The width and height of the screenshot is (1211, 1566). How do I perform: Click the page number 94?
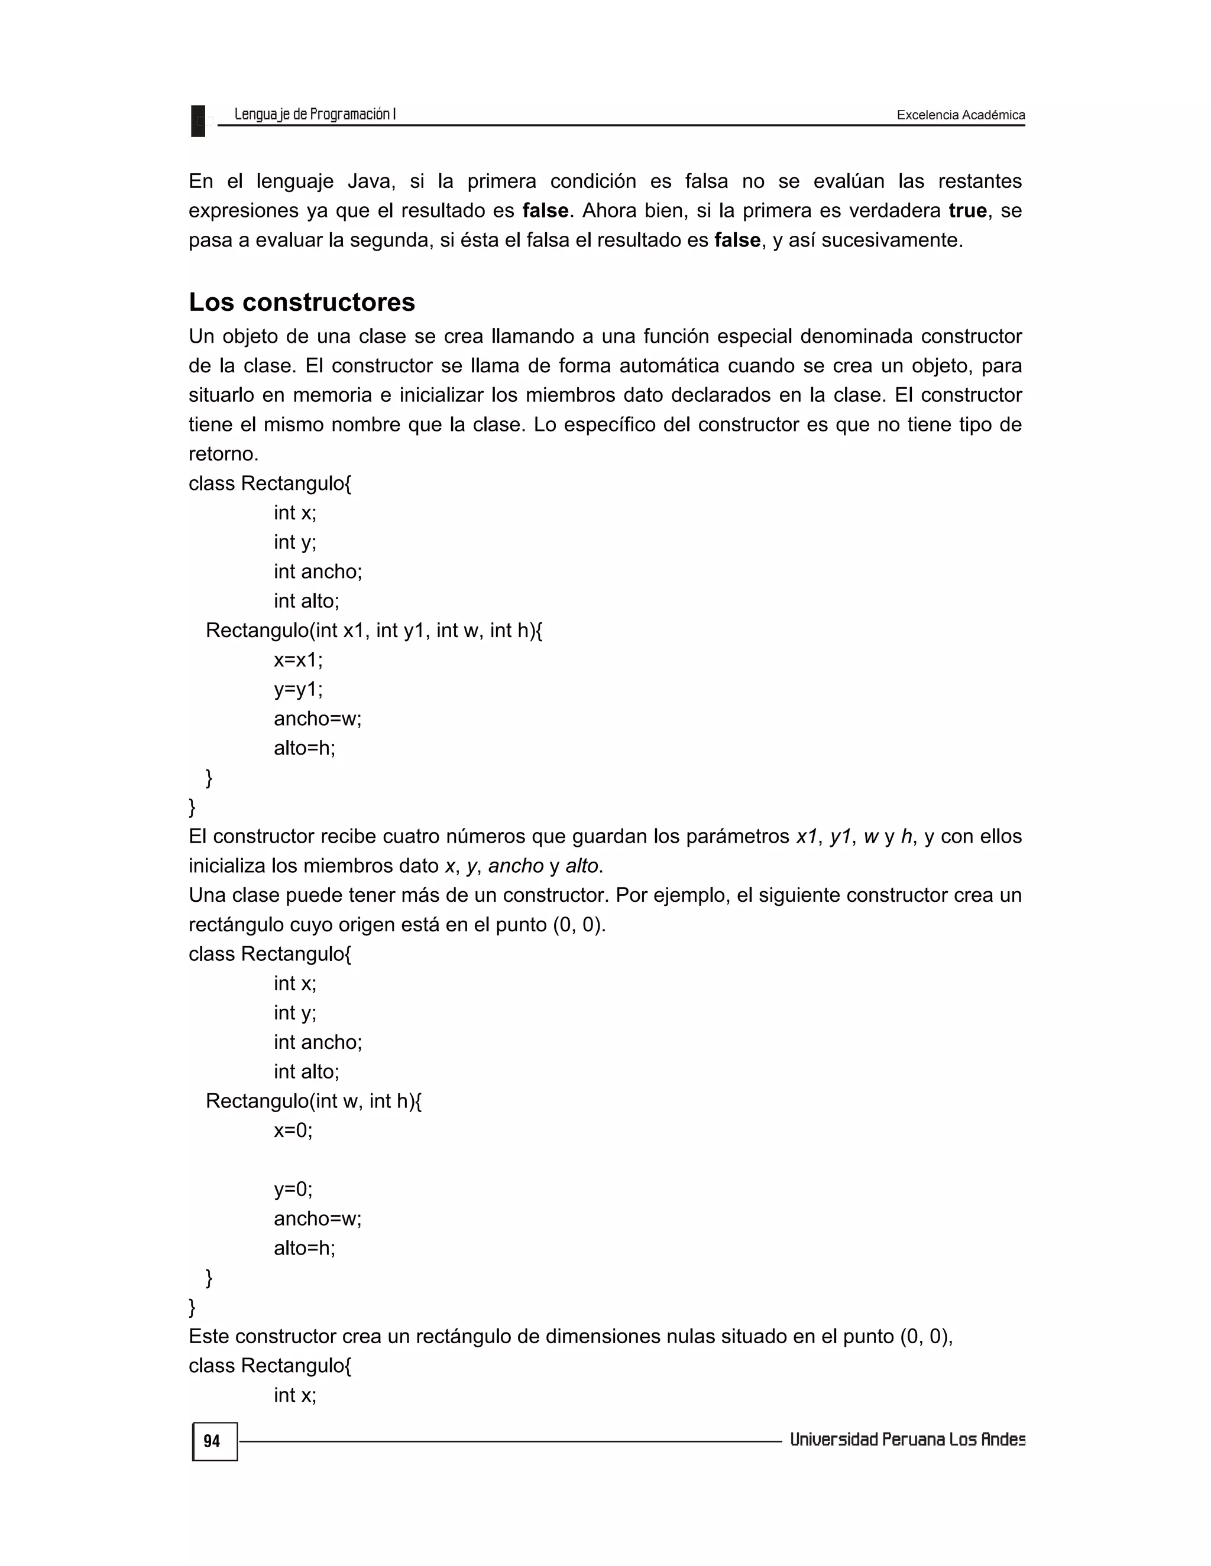coord(212,1441)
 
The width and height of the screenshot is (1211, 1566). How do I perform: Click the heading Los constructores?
coord(302,302)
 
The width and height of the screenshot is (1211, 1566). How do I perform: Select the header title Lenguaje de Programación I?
coord(315,114)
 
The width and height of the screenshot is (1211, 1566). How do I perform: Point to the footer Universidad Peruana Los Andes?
coord(907,1440)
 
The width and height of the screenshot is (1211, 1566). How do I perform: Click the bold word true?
coord(967,210)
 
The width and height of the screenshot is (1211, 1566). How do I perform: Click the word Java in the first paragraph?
coord(371,181)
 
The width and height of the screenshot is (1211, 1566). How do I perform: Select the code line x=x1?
coord(299,659)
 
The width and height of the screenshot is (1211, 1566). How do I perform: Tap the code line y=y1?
coord(299,689)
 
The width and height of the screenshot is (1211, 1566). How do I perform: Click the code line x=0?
coord(293,1130)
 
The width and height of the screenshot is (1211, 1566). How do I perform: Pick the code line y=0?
coord(293,1189)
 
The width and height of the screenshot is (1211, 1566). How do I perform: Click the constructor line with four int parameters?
coord(374,631)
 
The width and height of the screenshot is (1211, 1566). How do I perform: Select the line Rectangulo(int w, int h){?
coord(313,1101)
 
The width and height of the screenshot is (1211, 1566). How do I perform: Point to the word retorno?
coord(223,454)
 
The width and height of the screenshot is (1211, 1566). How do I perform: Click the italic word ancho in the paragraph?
coord(516,866)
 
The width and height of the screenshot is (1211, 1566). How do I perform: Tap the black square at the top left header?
coord(198,121)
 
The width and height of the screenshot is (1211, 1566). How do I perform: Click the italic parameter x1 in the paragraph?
coord(807,836)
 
